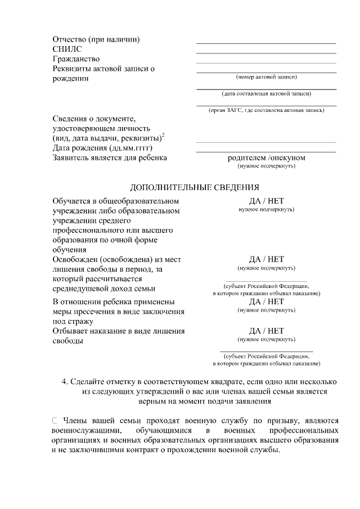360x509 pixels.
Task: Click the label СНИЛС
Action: point(66,49)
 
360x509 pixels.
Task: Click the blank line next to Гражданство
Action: point(266,63)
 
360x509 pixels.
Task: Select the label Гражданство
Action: point(76,58)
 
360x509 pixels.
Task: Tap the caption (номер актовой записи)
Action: point(266,76)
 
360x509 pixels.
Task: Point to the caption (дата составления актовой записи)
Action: point(266,93)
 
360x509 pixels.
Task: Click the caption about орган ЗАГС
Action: point(266,110)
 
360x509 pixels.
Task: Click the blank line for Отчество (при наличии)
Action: point(266,43)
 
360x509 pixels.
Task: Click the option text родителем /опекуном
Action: point(266,157)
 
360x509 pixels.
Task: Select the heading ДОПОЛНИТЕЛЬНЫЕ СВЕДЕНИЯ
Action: point(195,187)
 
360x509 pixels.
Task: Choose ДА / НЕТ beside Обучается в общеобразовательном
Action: point(266,200)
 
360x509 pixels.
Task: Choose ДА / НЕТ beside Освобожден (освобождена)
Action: point(266,259)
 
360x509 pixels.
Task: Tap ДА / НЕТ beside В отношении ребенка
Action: point(266,301)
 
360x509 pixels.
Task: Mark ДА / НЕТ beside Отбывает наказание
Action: point(266,331)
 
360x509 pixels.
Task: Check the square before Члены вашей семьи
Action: point(55,420)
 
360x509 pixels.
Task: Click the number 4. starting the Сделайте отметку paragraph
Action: point(65,382)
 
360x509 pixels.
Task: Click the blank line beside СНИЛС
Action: point(266,53)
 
